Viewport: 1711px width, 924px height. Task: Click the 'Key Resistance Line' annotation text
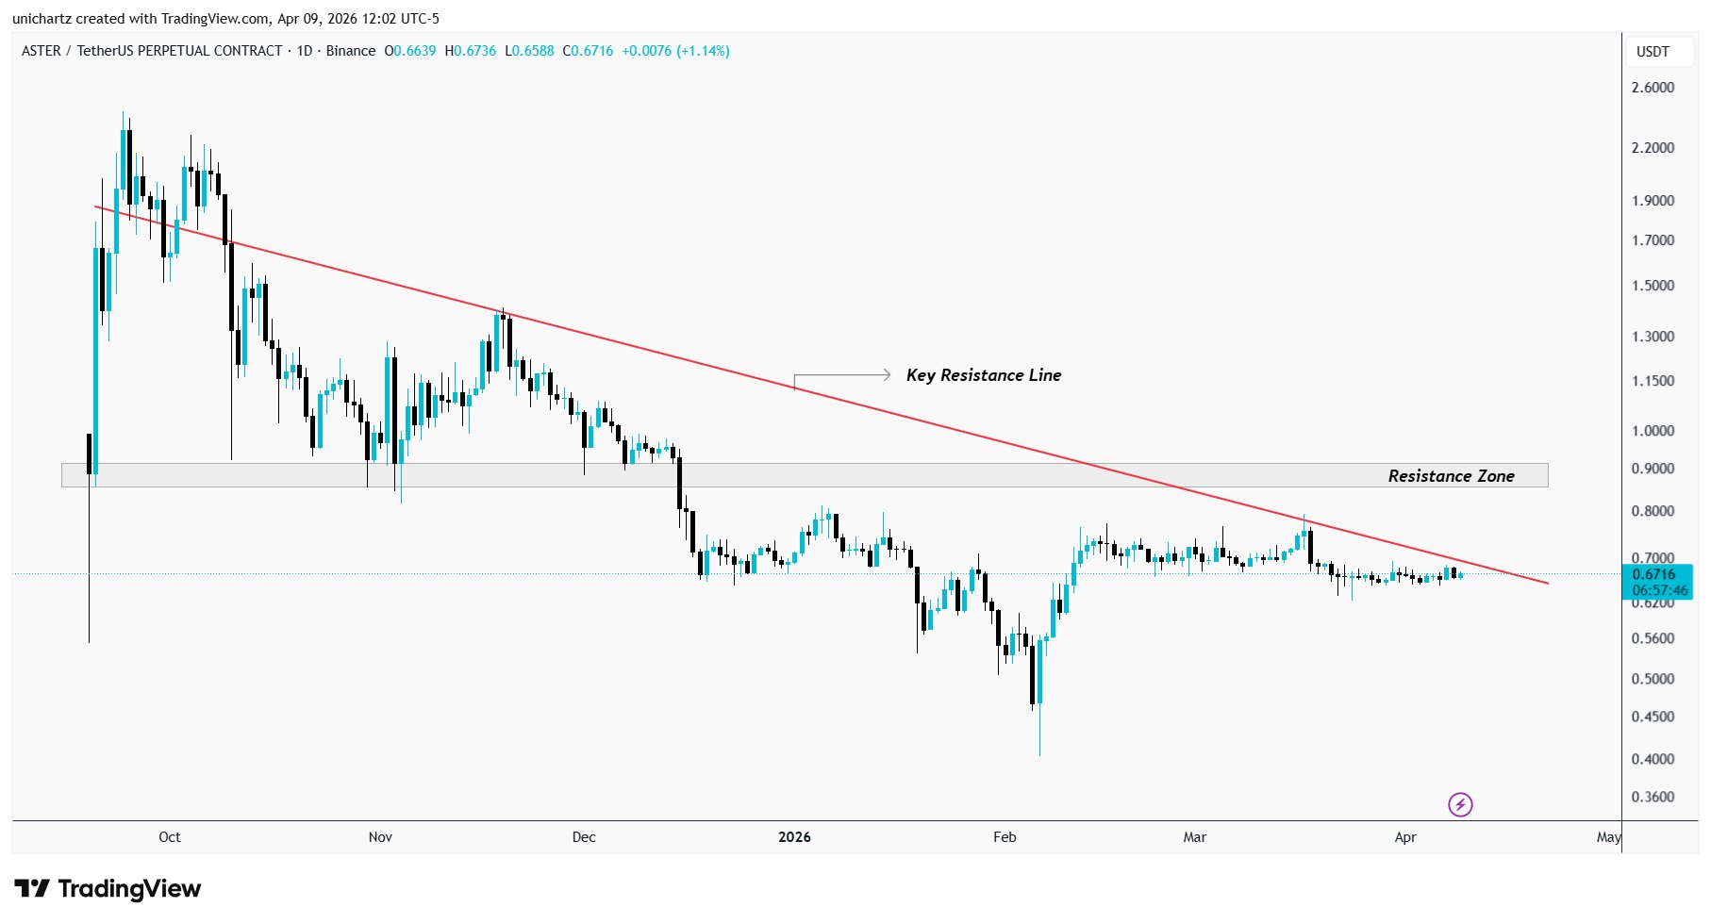click(x=983, y=375)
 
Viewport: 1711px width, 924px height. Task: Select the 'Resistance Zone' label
click(x=1451, y=476)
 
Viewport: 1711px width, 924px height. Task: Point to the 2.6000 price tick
click(x=1653, y=88)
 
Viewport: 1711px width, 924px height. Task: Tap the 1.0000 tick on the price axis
click(x=1653, y=431)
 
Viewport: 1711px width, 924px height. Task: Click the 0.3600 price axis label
click(x=1653, y=797)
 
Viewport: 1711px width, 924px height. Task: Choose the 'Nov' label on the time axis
click(x=380, y=837)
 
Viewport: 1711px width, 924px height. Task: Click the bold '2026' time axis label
click(x=794, y=837)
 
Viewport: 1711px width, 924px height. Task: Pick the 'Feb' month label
click(x=1005, y=837)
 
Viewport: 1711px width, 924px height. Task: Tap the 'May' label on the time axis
click(x=1608, y=837)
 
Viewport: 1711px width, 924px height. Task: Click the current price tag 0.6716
click(x=1654, y=574)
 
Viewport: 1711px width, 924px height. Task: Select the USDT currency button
click(x=1653, y=52)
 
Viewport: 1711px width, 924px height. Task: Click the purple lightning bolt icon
click(x=1460, y=804)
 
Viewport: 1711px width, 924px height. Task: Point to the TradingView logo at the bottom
click(x=108, y=889)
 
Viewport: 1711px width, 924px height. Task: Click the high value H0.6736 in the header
click(x=470, y=51)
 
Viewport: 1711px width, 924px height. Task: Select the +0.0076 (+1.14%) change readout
click(x=675, y=51)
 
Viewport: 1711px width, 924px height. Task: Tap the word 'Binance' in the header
click(x=351, y=51)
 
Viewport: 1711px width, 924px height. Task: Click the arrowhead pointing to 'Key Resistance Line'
click(x=886, y=375)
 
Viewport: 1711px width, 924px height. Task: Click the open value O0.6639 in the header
click(x=409, y=51)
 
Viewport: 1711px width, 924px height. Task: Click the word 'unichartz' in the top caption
click(x=42, y=19)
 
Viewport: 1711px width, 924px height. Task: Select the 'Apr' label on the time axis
click(x=1404, y=837)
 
